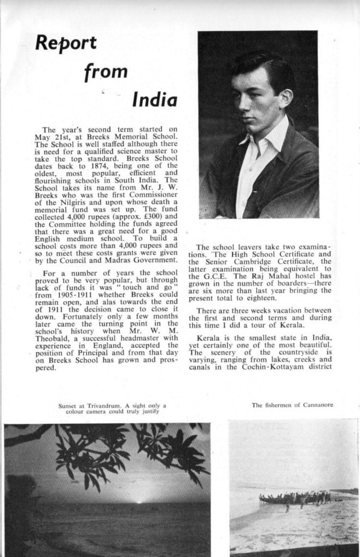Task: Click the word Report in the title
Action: pos(66,43)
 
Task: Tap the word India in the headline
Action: pos(155,100)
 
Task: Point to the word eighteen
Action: pos(259,298)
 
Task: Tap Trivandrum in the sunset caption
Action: pos(96,405)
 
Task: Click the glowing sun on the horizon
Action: pos(139,501)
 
